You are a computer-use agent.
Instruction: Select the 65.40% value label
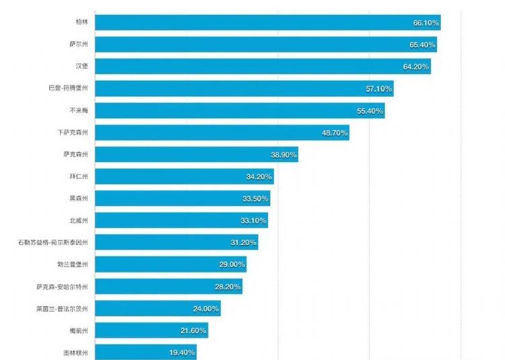click(422, 45)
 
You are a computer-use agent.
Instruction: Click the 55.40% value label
click(370, 110)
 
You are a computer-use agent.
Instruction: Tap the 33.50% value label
click(255, 199)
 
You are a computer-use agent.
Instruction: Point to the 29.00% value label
click(232, 264)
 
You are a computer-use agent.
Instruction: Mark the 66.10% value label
click(426, 23)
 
